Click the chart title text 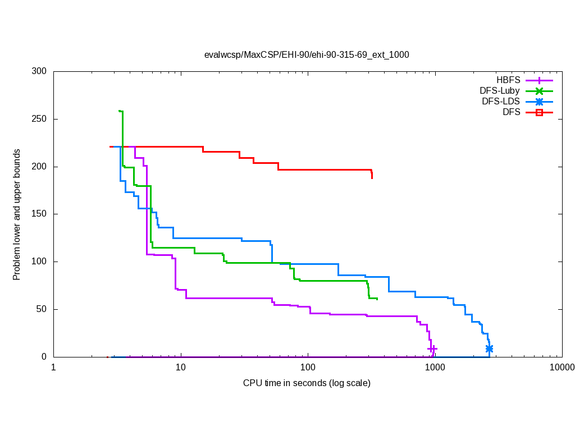coord(307,55)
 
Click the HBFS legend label coord(508,80)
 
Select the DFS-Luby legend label coord(500,91)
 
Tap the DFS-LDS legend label coord(500,102)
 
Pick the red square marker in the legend coord(539,112)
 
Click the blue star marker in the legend coord(539,102)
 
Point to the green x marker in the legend coord(539,91)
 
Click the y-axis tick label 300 coord(40,72)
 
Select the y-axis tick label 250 coord(40,120)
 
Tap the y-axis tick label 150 coord(40,214)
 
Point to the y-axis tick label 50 coord(42,309)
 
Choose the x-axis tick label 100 coord(308,368)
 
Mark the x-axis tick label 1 coord(54,368)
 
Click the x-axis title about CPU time coord(307,383)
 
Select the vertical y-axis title coord(17,215)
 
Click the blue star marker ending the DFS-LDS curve coord(489,349)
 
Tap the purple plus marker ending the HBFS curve coord(433,349)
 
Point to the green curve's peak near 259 coord(121,111)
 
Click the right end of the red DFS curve coord(372,177)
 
